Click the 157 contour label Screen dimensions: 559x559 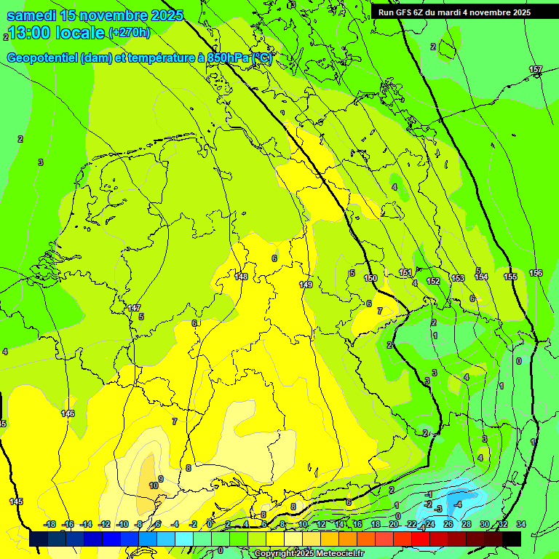click(x=536, y=70)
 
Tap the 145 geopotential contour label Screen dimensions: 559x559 click(x=16, y=501)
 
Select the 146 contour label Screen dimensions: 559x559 click(x=68, y=413)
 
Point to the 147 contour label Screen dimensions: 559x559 click(x=134, y=308)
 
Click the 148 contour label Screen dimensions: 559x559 click(x=241, y=277)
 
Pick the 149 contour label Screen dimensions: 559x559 click(x=306, y=285)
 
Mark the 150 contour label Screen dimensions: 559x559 click(x=370, y=278)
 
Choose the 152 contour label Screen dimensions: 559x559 click(x=433, y=281)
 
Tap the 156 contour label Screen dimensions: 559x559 click(x=536, y=273)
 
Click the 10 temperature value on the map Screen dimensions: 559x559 click(x=154, y=485)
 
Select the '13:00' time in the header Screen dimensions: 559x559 click(x=30, y=33)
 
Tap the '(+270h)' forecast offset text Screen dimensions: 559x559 click(x=129, y=33)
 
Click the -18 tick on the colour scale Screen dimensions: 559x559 click(x=49, y=524)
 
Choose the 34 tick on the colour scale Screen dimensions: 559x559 click(x=520, y=524)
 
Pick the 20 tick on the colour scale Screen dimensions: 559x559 click(x=394, y=524)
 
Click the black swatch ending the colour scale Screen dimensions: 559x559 click(x=512, y=539)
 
